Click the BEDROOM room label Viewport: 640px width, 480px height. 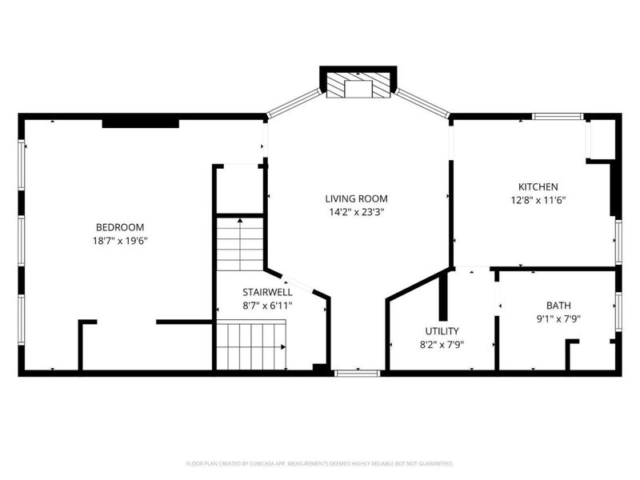coord(120,226)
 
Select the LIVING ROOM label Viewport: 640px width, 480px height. coord(356,198)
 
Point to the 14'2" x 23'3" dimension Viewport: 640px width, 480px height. coord(356,212)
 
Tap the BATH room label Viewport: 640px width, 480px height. coord(558,305)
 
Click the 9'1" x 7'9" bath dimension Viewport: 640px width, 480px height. coord(558,318)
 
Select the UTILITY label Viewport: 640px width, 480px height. coord(442,330)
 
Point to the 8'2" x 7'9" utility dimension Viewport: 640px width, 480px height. coord(442,345)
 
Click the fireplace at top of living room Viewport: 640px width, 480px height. coord(358,83)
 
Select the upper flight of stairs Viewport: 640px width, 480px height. coord(240,244)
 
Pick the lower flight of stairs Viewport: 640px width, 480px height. coord(251,345)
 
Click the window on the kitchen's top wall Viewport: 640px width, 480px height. coord(558,117)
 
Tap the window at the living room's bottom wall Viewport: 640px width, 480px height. coord(357,373)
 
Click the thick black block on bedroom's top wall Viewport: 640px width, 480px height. coord(140,122)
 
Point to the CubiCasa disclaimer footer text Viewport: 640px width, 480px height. coord(320,463)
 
